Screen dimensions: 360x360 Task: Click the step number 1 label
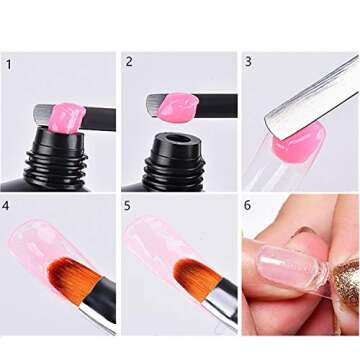9,65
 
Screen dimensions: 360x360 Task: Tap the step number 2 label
129,62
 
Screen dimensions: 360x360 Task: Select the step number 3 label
248,62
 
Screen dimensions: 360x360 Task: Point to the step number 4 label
5,206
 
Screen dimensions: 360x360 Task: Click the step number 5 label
127,206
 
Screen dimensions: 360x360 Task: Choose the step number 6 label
247,205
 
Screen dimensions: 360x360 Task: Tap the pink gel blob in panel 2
177,107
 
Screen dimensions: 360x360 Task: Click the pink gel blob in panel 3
298,143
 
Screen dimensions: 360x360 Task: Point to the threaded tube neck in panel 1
56,163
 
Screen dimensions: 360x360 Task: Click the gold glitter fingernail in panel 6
347,283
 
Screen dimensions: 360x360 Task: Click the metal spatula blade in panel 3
312,98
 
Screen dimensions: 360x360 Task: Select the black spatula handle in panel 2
217,106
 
